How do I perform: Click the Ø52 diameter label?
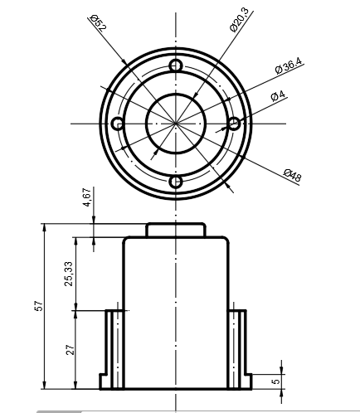click(98, 23)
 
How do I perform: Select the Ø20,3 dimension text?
click(240, 20)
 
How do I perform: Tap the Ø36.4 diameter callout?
click(289, 66)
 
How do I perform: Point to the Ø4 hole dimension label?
click(278, 95)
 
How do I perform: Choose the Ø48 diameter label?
click(293, 175)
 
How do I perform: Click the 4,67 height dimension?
click(87, 197)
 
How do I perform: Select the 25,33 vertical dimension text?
click(68, 274)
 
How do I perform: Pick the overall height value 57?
click(39, 306)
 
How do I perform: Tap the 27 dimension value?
click(71, 350)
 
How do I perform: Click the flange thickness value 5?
click(275, 381)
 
